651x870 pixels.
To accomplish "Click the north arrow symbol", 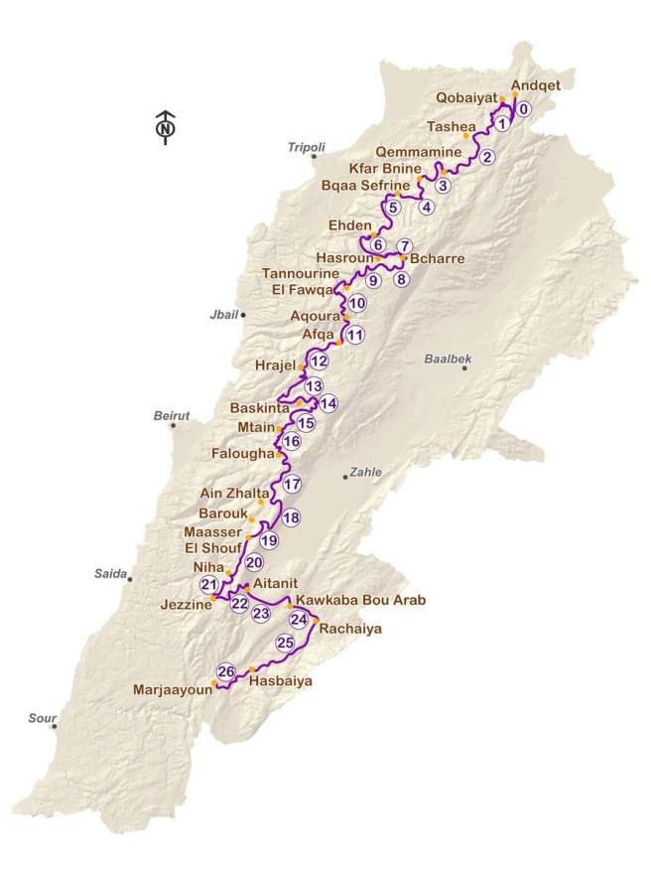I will [x=166, y=126].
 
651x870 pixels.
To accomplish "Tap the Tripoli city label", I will [x=306, y=147].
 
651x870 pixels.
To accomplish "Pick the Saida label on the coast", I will [x=110, y=572].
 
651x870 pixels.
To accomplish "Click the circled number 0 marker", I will [x=524, y=109].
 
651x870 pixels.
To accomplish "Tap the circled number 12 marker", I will [x=319, y=362].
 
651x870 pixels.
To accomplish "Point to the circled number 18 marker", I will [x=291, y=517].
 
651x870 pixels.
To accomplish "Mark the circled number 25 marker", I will [x=286, y=644].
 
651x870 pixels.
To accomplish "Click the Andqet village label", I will [x=536, y=85].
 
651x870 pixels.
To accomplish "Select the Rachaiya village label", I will [x=350, y=629].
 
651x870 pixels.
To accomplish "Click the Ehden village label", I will [x=346, y=226].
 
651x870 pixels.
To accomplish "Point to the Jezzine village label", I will [x=183, y=602].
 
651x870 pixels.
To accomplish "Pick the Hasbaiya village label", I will [x=274, y=681].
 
